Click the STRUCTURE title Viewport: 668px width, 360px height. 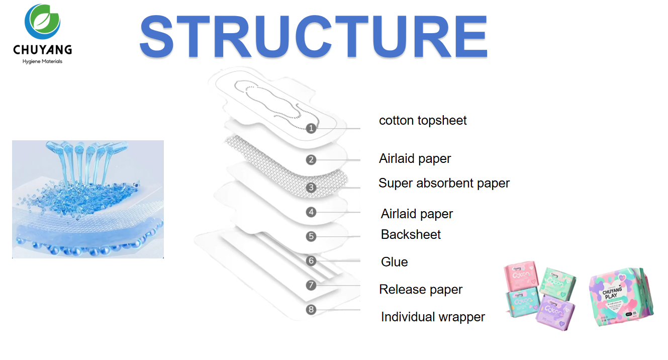[x=313, y=37]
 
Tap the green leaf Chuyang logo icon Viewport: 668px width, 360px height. [x=43, y=23]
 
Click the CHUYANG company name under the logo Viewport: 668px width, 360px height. [x=43, y=50]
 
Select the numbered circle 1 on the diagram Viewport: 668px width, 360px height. [x=311, y=128]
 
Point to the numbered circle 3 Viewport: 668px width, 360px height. [x=311, y=188]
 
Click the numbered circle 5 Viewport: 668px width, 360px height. [x=311, y=236]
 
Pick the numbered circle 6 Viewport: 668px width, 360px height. [x=311, y=260]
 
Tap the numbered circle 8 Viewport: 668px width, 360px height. [x=311, y=309]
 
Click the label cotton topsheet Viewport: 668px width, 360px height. [x=423, y=121]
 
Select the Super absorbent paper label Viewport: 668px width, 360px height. [x=444, y=184]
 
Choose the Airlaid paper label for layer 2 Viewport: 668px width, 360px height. [x=415, y=159]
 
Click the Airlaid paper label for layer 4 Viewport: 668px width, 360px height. [x=417, y=214]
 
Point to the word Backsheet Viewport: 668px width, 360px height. [x=411, y=235]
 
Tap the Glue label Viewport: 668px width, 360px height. [x=394, y=262]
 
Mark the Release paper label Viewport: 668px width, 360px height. [x=421, y=290]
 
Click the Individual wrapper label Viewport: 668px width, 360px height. [x=433, y=317]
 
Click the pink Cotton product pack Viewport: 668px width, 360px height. [x=522, y=278]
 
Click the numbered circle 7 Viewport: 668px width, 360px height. [x=311, y=285]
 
